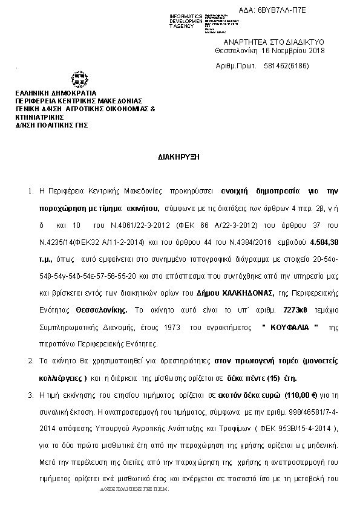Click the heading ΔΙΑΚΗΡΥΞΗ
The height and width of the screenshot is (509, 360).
point(180,156)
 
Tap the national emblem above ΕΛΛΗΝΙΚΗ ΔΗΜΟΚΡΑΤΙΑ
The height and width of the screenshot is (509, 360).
point(79,79)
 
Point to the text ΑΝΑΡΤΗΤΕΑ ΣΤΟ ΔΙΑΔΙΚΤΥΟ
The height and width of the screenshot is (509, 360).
point(275,41)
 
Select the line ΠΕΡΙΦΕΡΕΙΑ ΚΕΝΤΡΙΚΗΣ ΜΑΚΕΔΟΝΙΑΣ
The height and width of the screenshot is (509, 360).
point(79,101)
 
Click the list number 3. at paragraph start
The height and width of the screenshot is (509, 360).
point(31,394)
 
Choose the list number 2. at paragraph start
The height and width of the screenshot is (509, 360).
point(31,361)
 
